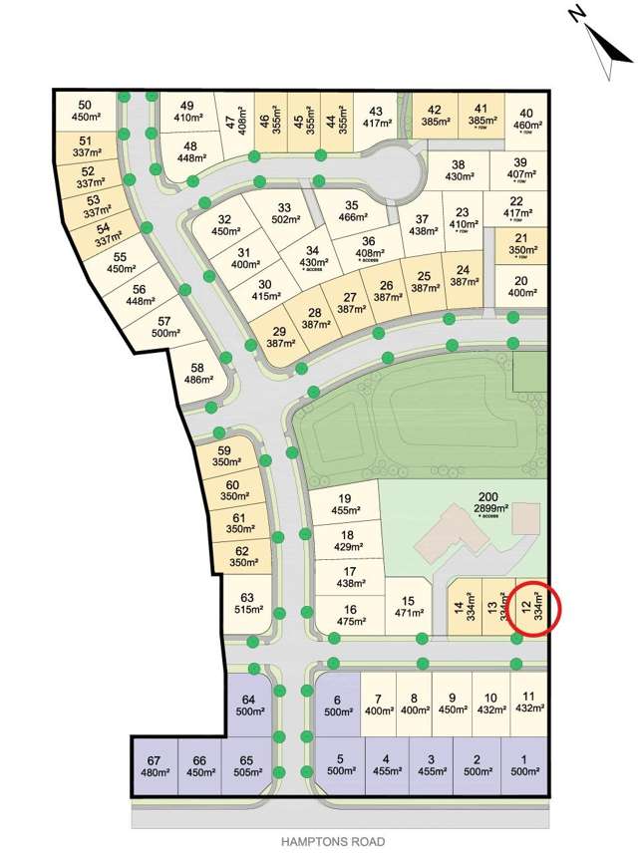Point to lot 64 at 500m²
point(249,704)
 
